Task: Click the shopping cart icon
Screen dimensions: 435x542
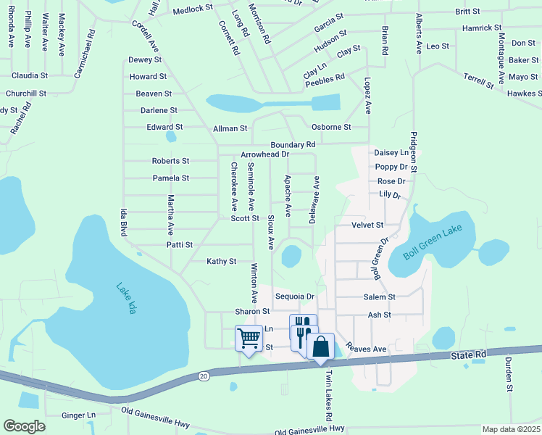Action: pos(249,338)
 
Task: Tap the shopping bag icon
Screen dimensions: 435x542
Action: pos(320,346)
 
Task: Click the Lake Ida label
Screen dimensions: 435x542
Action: pos(127,297)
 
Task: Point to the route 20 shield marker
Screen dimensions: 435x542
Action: pos(204,376)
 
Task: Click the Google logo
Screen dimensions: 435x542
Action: pos(24,426)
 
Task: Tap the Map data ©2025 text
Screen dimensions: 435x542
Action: pos(511,429)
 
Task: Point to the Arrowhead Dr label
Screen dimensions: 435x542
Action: pos(264,154)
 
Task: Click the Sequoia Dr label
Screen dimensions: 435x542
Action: pos(294,297)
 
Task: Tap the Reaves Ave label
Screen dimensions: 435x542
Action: pos(366,349)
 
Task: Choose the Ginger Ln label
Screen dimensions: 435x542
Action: pos(78,415)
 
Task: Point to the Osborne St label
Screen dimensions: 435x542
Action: pos(330,127)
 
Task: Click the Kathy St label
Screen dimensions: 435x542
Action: pos(222,261)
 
